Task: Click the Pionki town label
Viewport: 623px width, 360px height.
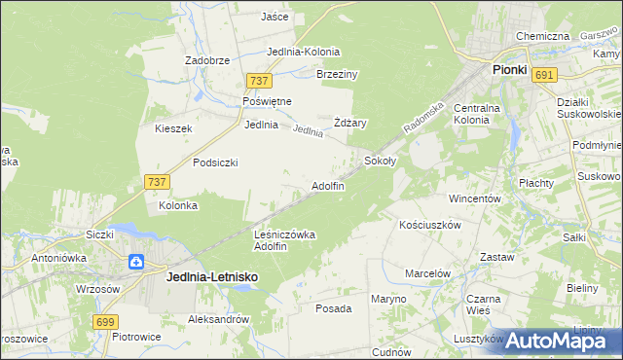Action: click(x=509, y=70)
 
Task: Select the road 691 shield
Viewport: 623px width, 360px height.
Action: click(x=545, y=75)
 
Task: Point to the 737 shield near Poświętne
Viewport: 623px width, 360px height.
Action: click(x=258, y=82)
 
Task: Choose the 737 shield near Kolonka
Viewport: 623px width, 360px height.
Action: click(x=156, y=182)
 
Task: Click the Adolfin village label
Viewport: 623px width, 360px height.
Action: click(x=327, y=186)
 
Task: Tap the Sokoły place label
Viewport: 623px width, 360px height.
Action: click(x=381, y=160)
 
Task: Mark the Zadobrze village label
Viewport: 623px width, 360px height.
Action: click(x=207, y=60)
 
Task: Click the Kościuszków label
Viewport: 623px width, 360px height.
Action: click(x=429, y=224)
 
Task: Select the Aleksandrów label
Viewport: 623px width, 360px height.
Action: click(x=219, y=319)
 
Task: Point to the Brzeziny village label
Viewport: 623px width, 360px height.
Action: click(x=339, y=74)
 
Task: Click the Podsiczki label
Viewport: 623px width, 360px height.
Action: click(x=216, y=162)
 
